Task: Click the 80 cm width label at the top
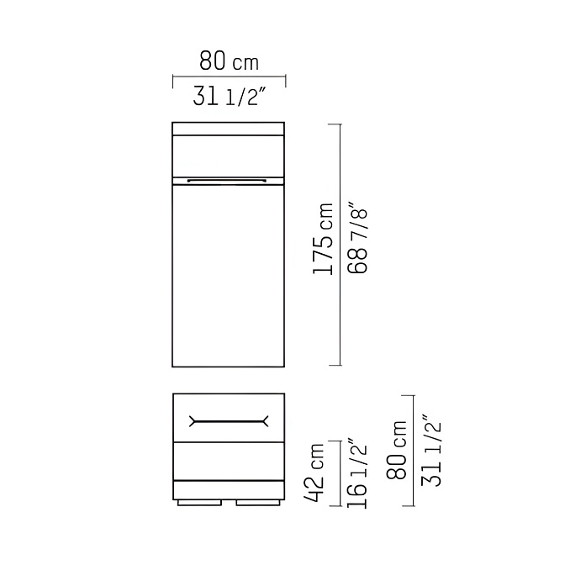click(x=230, y=61)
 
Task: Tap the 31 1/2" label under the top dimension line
click(x=230, y=97)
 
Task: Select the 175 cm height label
click(x=323, y=239)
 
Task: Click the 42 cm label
click(x=314, y=473)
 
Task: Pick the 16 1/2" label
click(x=356, y=473)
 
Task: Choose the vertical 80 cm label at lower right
click(x=396, y=450)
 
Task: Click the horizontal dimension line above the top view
click(x=230, y=77)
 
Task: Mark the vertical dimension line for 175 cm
click(x=340, y=245)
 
